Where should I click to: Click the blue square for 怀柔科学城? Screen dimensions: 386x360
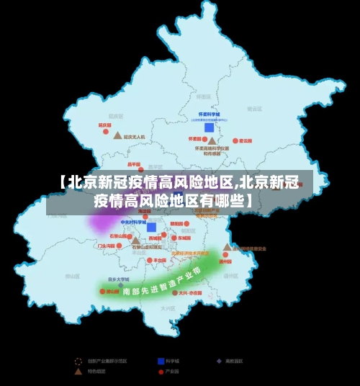[209, 127]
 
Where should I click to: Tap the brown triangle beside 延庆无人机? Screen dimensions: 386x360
[117, 135]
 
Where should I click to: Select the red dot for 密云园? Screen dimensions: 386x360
[235, 141]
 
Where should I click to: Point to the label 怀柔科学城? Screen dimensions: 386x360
[209, 115]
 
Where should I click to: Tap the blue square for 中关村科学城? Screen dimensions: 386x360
[151, 228]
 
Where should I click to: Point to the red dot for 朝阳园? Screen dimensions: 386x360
[165, 223]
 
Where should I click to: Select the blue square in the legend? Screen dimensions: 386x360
[160, 360]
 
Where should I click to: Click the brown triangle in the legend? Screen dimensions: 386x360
[78, 372]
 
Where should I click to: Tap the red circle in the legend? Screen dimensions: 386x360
[160, 372]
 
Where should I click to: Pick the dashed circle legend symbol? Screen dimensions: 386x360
[78, 360]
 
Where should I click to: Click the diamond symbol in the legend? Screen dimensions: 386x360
[219, 360]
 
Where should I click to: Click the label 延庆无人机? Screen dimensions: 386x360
[135, 136]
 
